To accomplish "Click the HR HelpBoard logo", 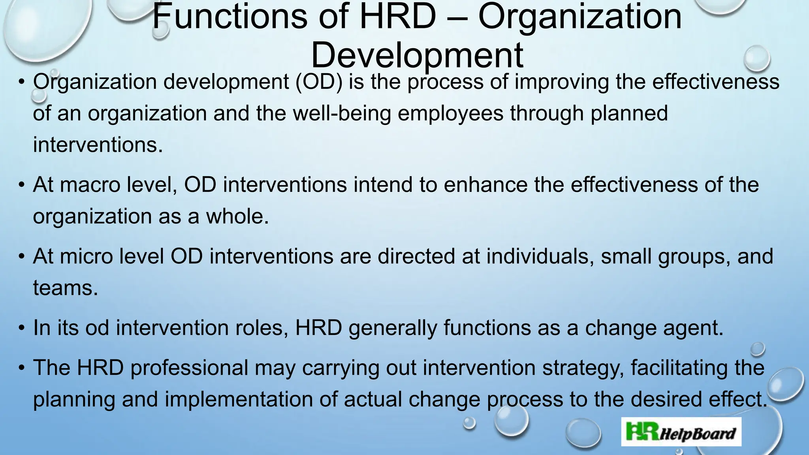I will pyautogui.click(x=681, y=432).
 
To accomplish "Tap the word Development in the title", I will pyautogui.click(x=417, y=56).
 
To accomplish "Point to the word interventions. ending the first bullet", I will pyautogui.click(x=98, y=145).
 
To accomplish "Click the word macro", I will pyautogui.click(x=90, y=185).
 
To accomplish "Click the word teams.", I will pyautogui.click(x=65, y=288).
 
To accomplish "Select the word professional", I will pyautogui.click(x=189, y=368).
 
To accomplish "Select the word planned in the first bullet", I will pyautogui.click(x=629, y=113).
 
